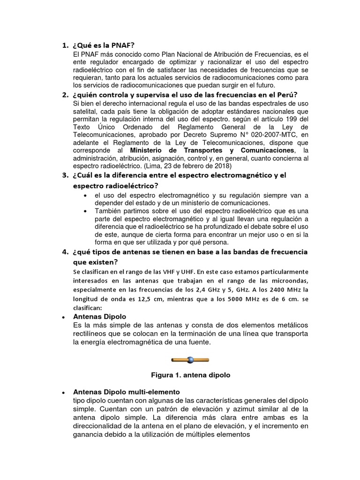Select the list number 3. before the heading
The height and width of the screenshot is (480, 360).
[65, 175]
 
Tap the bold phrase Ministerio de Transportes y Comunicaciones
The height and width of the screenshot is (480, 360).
[212, 150]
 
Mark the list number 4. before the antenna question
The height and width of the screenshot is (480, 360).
[65, 252]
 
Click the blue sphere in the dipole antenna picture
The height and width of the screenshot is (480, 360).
[190, 360]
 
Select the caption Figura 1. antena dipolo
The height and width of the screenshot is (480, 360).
[190, 375]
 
